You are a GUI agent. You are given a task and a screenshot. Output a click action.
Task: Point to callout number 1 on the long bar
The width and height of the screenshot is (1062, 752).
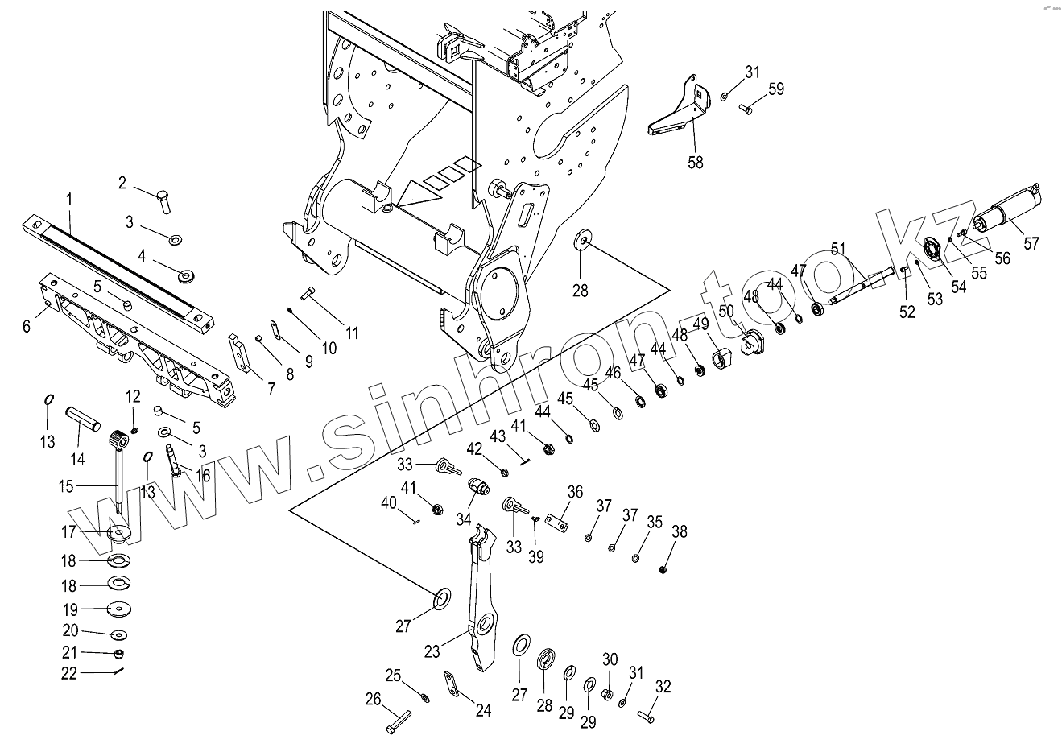point(69,198)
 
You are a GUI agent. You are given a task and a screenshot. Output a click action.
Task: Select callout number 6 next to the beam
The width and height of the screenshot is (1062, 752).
point(27,325)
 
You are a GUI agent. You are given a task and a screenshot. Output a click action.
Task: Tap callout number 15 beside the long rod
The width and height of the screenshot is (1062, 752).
point(65,486)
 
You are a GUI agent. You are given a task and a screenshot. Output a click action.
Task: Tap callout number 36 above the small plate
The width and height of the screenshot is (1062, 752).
point(575,492)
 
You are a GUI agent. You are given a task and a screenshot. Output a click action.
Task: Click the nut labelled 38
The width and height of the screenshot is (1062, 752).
point(663,569)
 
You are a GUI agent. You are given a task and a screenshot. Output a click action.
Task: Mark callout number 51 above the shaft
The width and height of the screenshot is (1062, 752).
point(839,250)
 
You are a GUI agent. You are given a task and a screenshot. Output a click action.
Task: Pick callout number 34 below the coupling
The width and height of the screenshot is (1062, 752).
point(463,519)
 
